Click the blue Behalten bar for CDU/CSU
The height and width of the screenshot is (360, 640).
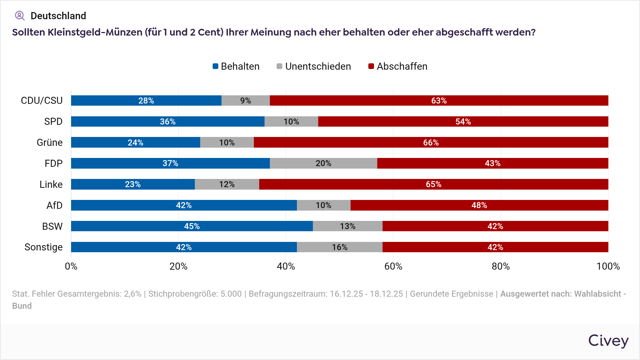[146, 101]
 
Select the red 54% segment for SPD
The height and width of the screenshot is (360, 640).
[463, 122]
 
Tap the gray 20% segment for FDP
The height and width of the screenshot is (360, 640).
[323, 163]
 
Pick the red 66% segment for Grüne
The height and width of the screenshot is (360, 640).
[431, 143]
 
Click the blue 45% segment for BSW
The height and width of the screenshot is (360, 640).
[192, 226]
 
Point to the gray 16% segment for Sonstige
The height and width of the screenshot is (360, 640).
[340, 247]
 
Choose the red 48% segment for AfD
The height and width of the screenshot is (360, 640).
[479, 205]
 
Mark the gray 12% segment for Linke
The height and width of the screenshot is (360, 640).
[227, 184]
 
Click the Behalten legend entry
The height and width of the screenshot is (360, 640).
[236, 67]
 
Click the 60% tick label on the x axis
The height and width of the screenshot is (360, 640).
[393, 266]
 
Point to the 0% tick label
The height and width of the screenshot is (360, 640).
[71, 266]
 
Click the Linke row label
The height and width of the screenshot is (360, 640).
[51, 184]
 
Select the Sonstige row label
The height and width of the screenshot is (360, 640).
[43, 247]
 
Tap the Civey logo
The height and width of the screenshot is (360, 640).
[608, 340]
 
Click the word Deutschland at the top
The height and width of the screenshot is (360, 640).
[58, 16]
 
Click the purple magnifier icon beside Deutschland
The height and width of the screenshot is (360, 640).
[20, 16]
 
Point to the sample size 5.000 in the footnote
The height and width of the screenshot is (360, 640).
[231, 294]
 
